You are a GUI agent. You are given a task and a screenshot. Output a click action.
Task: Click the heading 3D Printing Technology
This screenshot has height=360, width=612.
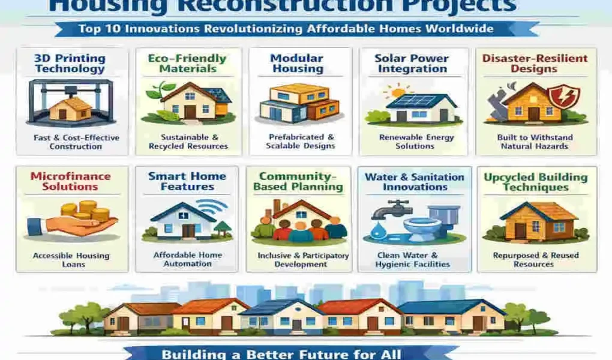tap(70, 64)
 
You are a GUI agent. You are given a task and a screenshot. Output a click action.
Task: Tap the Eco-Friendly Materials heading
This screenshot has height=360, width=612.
tap(188, 64)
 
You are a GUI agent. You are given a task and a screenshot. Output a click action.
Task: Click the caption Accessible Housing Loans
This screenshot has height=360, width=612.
tap(71, 260)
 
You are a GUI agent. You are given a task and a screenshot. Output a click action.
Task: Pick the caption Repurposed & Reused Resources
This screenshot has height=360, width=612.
tap(536, 260)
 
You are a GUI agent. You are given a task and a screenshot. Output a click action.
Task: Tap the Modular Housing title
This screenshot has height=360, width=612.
tap(298, 64)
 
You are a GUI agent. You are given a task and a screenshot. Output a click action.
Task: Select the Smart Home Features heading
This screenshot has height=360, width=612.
tap(187, 181)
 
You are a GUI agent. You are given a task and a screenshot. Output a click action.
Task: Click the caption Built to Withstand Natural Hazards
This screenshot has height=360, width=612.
tap(535, 142)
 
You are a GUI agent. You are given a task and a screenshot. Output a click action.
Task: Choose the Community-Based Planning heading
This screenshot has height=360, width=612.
tap(298, 181)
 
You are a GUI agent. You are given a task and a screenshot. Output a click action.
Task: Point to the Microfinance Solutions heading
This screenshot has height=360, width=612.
tap(71, 181)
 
